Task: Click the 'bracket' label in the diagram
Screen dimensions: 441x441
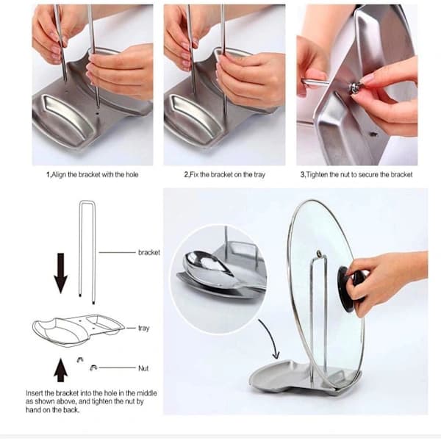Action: coord(148,252)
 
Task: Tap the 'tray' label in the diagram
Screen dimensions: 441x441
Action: coord(143,328)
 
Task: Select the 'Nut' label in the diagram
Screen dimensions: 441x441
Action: coord(143,368)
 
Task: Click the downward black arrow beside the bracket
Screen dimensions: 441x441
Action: coord(60,273)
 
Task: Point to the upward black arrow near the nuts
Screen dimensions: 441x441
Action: coord(60,370)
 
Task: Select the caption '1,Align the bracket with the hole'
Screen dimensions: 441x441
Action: coord(93,175)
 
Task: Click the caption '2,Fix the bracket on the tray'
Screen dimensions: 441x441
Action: coord(225,175)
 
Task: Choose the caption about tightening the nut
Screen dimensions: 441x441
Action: coord(356,175)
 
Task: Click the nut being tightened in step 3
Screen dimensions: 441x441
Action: coord(354,87)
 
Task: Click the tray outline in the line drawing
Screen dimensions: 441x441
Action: coord(79,330)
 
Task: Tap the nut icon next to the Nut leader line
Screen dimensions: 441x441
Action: coord(93,367)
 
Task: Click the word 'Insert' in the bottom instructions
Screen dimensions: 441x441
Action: coord(35,393)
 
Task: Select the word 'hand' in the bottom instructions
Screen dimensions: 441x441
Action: coord(33,410)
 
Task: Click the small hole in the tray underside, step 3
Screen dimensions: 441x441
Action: coord(374,134)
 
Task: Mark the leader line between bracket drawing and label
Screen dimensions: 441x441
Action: coord(117,253)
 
